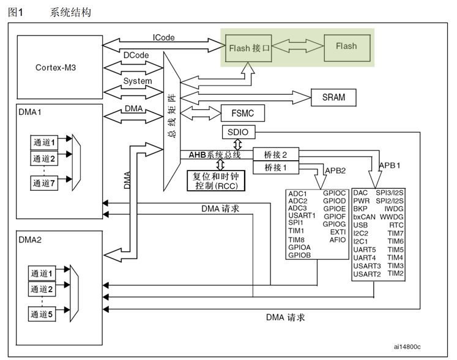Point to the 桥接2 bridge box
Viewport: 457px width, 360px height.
[275, 155]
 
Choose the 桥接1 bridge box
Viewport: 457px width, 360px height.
[275, 167]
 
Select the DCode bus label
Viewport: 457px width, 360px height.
[138, 55]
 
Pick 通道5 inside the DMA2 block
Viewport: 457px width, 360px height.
[43, 315]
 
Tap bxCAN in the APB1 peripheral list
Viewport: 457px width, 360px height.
[365, 217]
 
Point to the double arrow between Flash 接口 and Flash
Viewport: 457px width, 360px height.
[296, 46]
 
